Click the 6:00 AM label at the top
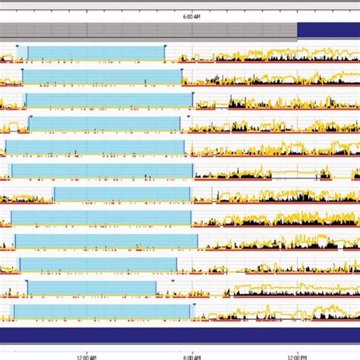[x=193, y=16]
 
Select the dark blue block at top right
[x=327, y=30]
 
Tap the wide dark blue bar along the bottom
[x=180, y=335]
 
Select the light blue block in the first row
[x=95, y=52]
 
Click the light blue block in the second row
[x=103, y=77]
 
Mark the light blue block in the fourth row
[x=106, y=124]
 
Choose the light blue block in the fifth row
[x=95, y=147]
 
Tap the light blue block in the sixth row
[x=102, y=171]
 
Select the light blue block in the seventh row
[x=122, y=194]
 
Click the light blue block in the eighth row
[x=102, y=218]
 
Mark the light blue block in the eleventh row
[x=91, y=288]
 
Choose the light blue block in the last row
[x=104, y=311]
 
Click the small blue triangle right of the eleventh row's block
[x=173, y=281]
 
